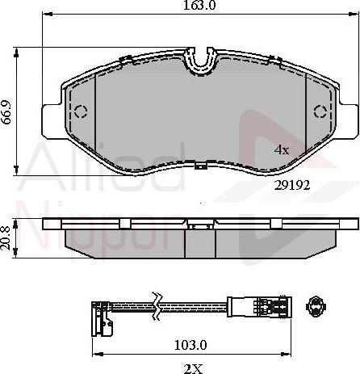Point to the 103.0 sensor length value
[x=191, y=345]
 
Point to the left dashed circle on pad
[x=79, y=111]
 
